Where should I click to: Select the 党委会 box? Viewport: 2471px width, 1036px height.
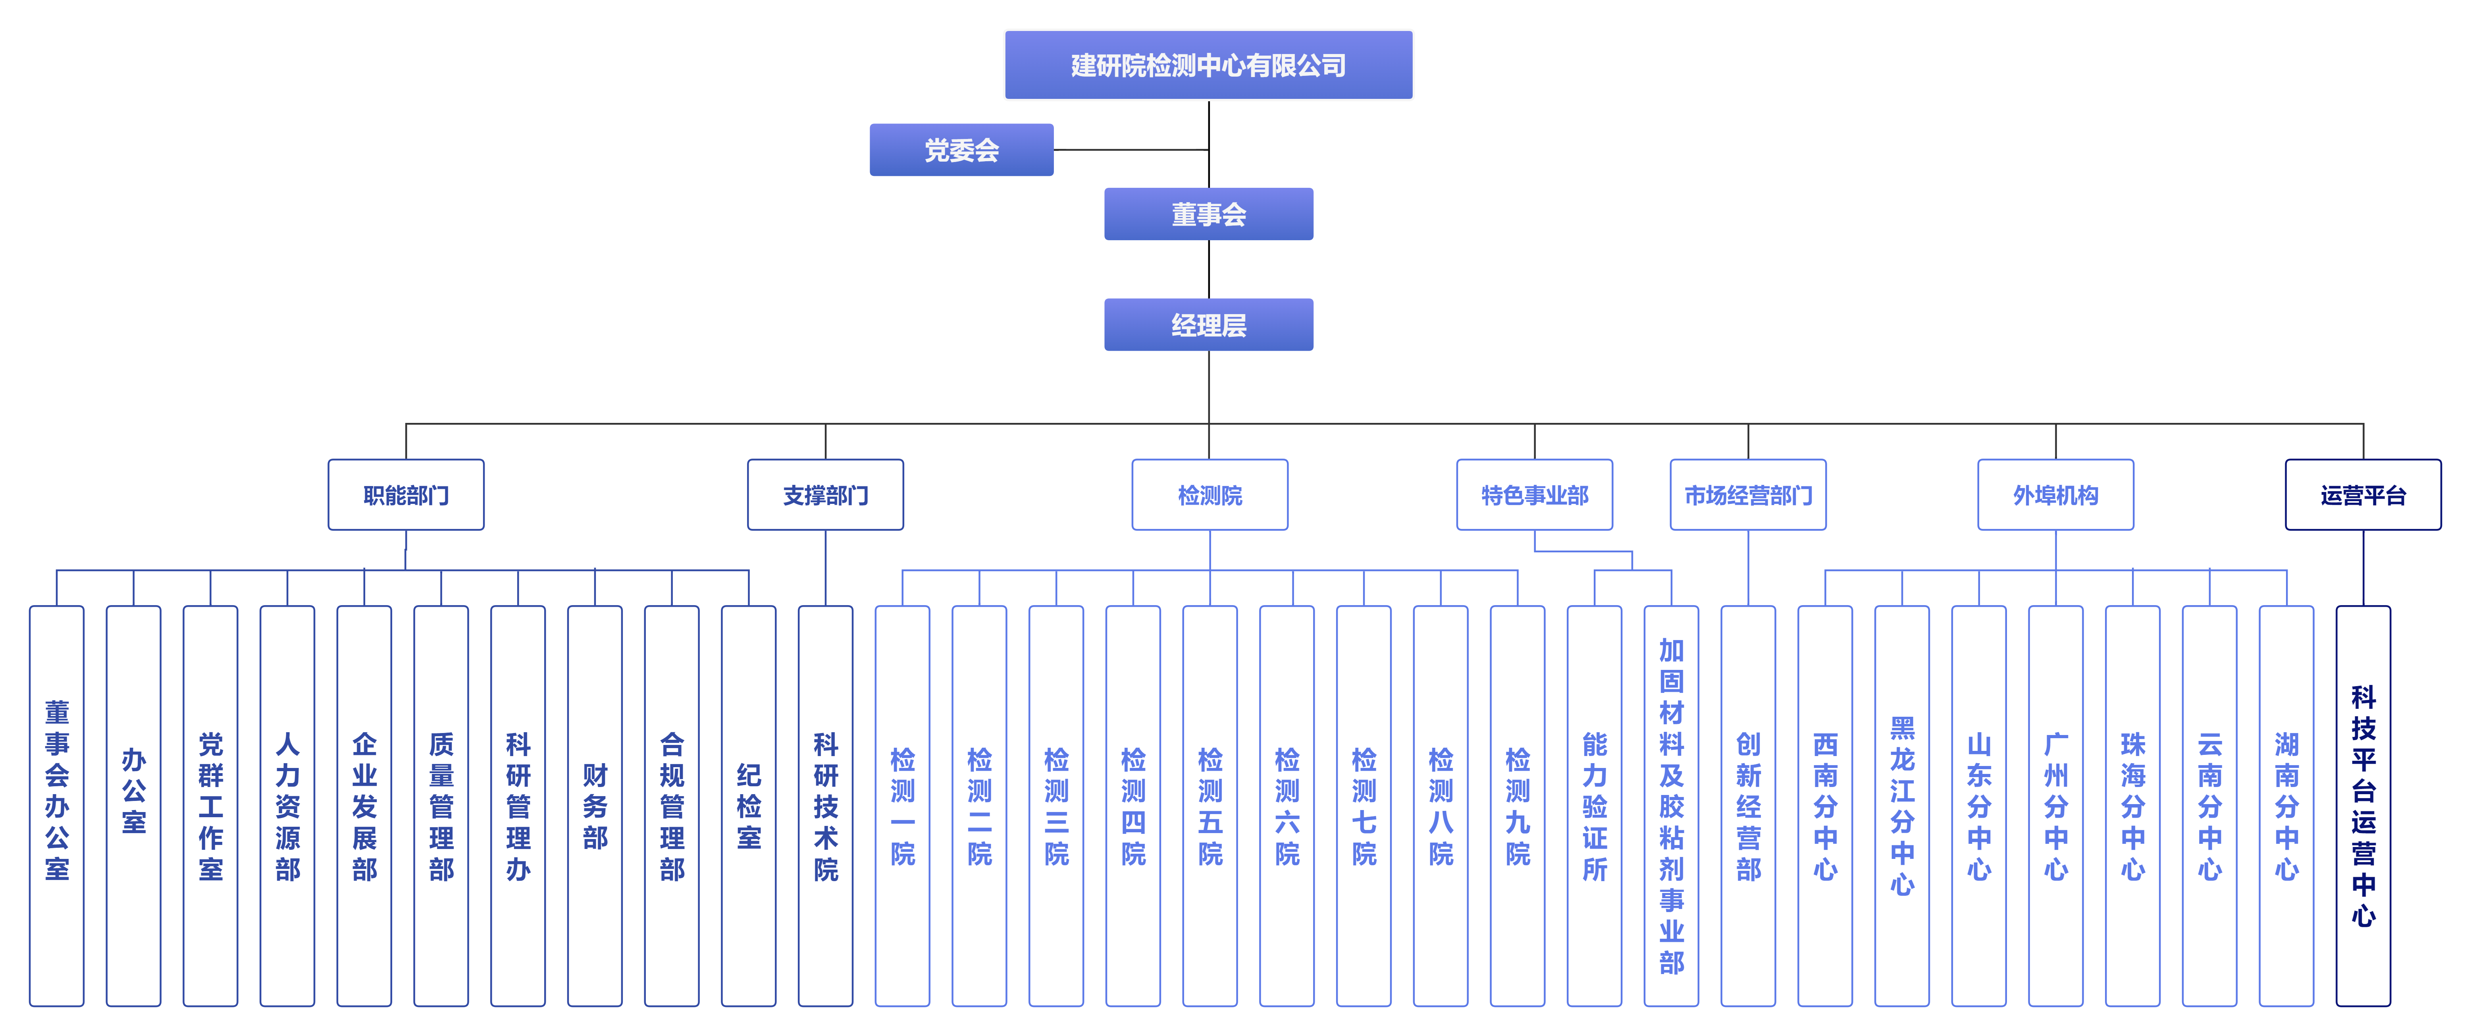(961, 150)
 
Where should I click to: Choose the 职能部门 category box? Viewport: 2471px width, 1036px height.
(406, 495)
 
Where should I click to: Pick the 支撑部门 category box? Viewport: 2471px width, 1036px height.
(825, 495)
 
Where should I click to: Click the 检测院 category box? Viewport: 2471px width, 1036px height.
(1209, 495)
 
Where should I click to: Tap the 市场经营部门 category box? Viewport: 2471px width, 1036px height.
(1748, 495)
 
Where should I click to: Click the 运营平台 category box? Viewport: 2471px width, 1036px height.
(2363, 495)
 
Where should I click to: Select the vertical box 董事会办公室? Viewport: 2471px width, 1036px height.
(57, 806)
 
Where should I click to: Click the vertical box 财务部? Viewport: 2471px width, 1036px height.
(595, 806)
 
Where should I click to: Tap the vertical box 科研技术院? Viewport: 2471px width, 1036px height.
(825, 806)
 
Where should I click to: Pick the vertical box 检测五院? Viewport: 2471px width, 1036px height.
(1209, 806)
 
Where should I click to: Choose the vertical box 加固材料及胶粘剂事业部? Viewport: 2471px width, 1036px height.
(1671, 806)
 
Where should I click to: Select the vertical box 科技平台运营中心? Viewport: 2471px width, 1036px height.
(2363, 806)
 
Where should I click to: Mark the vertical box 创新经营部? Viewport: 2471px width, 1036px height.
(1748, 806)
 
